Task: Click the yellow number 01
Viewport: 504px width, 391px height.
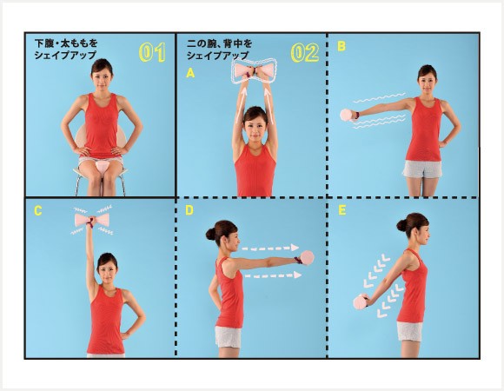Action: click(x=152, y=52)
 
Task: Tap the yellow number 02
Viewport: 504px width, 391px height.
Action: click(x=305, y=52)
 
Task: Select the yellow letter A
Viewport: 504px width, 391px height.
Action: click(x=190, y=74)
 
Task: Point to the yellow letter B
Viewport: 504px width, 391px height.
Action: click(x=342, y=47)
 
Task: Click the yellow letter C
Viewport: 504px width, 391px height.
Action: click(x=38, y=211)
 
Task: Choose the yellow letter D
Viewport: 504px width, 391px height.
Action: click(x=189, y=210)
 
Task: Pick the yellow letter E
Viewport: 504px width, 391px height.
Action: click(x=342, y=210)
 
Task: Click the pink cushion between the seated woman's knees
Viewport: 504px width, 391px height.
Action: click(x=103, y=168)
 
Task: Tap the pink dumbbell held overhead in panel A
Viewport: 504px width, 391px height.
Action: click(x=254, y=70)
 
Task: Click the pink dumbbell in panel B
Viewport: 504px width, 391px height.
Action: click(x=347, y=115)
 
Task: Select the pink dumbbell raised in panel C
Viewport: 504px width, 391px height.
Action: click(x=92, y=220)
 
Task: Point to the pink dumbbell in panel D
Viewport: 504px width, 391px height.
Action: click(x=307, y=258)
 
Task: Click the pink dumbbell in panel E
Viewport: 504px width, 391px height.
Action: click(x=361, y=302)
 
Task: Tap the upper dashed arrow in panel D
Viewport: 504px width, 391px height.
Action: click(x=270, y=248)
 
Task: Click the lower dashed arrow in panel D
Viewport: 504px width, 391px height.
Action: click(x=273, y=275)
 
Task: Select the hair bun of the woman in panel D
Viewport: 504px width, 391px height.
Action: click(x=211, y=235)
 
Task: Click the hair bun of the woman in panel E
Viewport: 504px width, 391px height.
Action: click(x=401, y=225)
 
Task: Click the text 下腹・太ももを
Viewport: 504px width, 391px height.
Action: click(x=66, y=43)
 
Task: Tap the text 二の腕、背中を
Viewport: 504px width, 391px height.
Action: click(x=219, y=43)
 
